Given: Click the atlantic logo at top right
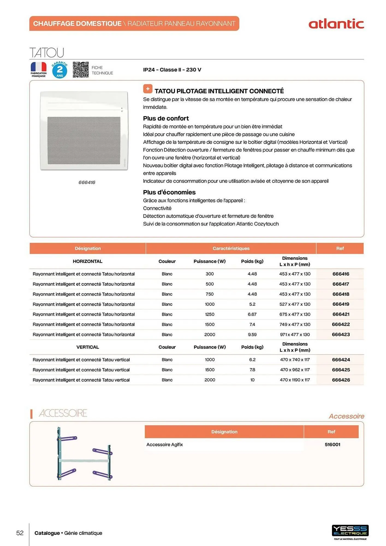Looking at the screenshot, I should point(336,24).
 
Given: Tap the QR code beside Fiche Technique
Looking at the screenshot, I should point(81,70).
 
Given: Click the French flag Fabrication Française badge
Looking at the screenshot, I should point(38,69).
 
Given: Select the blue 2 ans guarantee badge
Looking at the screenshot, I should point(60,70).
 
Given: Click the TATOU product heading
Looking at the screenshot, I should point(47,52).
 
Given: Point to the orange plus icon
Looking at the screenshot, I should point(148,89).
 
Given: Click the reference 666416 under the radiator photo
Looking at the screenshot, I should point(87,182).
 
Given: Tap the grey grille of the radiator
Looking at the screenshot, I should point(84,140).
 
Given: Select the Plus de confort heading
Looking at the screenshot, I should point(166,118).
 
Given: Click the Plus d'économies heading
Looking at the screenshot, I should point(169,192).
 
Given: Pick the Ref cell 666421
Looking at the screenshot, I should point(341,314).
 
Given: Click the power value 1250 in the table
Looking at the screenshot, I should point(210,314).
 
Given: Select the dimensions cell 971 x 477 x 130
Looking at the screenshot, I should point(295,334).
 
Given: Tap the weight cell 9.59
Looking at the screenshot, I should point(252,334).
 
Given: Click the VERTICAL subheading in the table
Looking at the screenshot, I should point(88,347).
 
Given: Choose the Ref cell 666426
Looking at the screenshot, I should point(341,380).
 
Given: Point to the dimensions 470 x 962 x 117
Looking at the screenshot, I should point(295,370).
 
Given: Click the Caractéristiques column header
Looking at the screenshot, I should point(231,248).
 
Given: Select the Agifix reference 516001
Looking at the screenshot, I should point(332,444).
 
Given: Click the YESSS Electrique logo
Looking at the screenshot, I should point(350,531).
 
